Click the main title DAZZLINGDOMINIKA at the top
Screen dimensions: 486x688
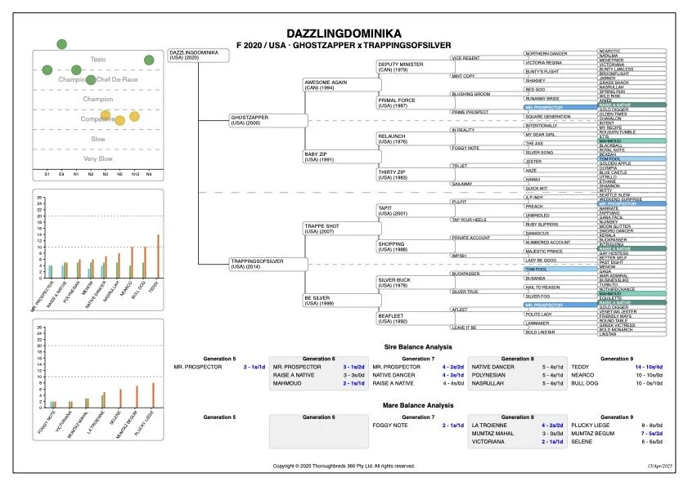pos(344,33)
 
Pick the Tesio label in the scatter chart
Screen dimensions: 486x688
pos(98,60)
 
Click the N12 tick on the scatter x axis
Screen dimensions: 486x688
pos(135,176)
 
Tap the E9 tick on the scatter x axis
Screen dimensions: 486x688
pos(62,176)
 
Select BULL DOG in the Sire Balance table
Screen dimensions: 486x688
pos(586,382)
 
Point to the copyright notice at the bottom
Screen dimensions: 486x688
pos(344,466)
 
